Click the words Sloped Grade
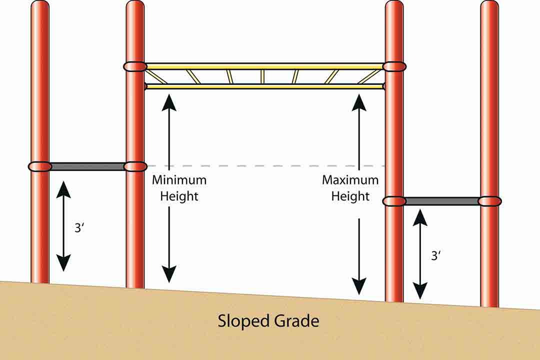point(268,320)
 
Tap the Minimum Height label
point(179,188)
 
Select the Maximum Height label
point(350,188)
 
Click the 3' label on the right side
point(436,255)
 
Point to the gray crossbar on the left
point(87,166)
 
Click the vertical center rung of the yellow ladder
point(262,76)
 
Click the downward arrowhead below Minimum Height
point(169,274)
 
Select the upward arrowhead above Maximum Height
point(358,101)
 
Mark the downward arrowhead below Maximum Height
point(358,287)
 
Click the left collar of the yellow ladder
point(135,66)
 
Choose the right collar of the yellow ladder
point(394,66)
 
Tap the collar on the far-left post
point(40,166)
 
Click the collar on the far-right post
point(489,201)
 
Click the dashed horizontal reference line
point(265,165)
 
